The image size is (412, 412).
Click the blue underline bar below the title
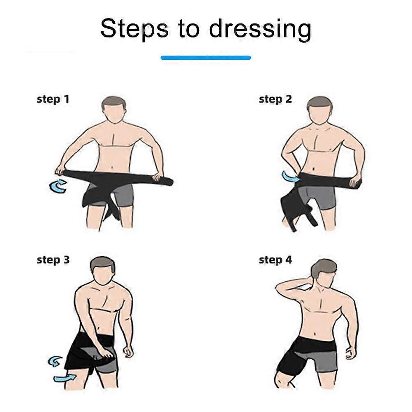206,58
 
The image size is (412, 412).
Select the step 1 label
53,100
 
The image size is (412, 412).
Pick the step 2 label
275,100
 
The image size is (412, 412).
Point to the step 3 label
53,260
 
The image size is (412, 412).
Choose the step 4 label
275,260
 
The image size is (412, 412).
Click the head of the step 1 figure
113,109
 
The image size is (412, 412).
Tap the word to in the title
188,29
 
